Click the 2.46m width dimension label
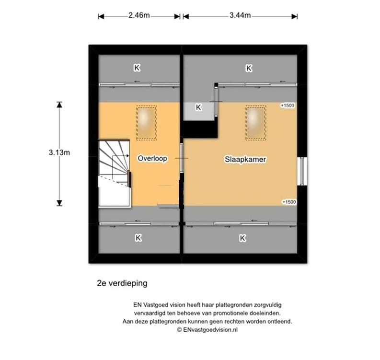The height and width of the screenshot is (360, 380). click(139, 15)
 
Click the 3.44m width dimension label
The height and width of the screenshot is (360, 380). click(240, 15)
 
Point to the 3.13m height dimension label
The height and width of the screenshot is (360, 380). click(59, 153)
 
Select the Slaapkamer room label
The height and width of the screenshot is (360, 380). click(246, 158)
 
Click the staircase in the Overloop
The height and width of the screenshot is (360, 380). click(114, 174)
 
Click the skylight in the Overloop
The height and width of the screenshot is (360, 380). click(146, 123)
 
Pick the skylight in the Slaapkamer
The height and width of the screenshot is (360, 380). click(256, 123)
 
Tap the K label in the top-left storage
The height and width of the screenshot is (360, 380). click(138, 69)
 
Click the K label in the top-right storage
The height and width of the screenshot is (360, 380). click(249, 69)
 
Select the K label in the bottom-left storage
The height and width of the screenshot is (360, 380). click(138, 237)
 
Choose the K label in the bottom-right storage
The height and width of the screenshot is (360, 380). click(242, 237)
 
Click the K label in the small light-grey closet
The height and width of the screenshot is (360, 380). click(198, 108)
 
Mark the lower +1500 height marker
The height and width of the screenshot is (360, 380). click(289, 202)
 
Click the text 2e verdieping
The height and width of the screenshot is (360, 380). click(122, 283)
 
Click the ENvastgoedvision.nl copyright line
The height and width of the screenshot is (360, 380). click(208, 330)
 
